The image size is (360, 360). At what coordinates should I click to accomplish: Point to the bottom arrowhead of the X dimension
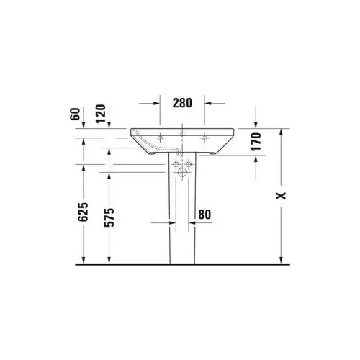point(281,260)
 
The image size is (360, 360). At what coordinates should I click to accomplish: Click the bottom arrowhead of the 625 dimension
point(85,260)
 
